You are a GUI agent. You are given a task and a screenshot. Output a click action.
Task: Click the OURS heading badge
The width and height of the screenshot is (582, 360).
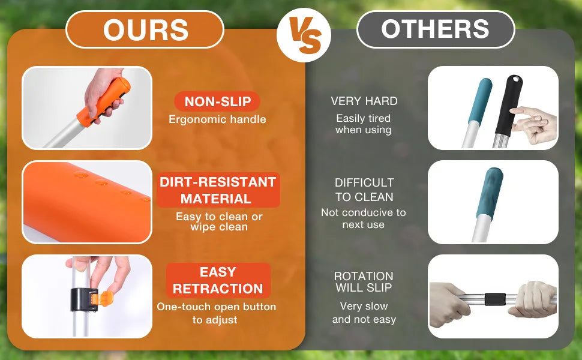145,29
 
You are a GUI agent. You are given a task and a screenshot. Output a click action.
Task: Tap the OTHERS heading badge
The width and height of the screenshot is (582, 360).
436,29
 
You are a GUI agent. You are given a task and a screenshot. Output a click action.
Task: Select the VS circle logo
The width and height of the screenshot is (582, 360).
304,35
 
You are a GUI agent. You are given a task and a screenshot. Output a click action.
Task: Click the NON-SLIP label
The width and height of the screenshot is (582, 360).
218,101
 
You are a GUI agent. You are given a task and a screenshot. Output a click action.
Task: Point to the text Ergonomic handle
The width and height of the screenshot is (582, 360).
218,119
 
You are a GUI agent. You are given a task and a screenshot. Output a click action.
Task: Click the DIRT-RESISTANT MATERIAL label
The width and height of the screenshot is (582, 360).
218,190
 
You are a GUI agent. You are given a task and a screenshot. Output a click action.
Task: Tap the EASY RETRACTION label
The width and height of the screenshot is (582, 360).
218,280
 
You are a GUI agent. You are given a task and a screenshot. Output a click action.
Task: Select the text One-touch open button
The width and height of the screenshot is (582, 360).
217,307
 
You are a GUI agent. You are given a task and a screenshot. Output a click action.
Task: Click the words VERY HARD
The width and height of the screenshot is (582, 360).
364,101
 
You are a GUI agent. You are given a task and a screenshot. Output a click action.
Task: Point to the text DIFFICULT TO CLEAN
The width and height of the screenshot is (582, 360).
364,190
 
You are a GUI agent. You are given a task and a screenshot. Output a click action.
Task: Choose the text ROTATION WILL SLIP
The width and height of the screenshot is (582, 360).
364,281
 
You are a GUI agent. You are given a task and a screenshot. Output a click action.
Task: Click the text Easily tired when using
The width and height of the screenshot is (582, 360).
364,124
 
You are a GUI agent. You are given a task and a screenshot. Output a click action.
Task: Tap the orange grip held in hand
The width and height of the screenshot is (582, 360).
104,101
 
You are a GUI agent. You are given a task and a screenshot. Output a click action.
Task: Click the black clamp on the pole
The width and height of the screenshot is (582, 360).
85,299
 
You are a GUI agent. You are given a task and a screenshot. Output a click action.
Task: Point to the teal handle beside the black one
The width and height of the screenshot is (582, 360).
480,100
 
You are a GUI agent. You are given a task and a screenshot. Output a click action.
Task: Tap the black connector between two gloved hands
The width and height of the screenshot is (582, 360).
495,299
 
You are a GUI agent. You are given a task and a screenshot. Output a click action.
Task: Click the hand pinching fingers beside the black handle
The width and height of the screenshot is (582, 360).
535,124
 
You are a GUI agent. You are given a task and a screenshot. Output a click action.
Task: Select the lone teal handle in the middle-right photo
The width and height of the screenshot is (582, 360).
490,193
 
